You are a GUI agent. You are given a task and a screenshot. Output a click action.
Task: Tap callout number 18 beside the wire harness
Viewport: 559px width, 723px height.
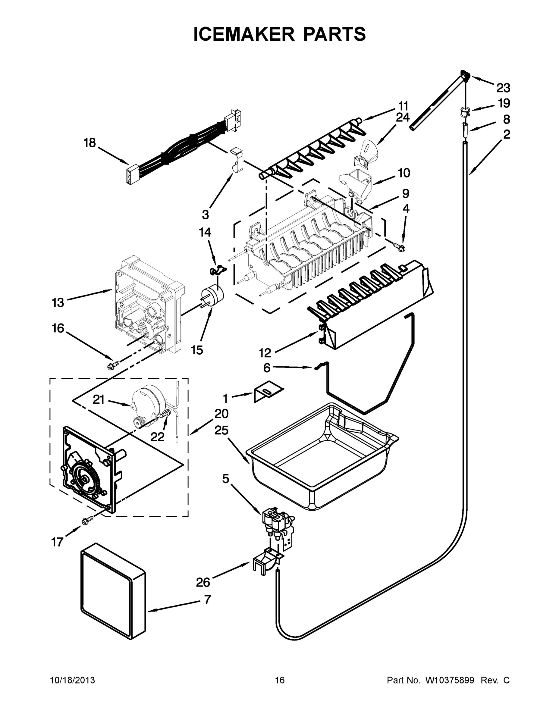coord(90,143)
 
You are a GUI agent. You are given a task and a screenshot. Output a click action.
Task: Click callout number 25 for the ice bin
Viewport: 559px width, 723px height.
coord(221,430)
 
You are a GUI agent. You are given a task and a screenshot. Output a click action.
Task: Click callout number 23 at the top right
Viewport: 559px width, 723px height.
coord(503,88)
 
